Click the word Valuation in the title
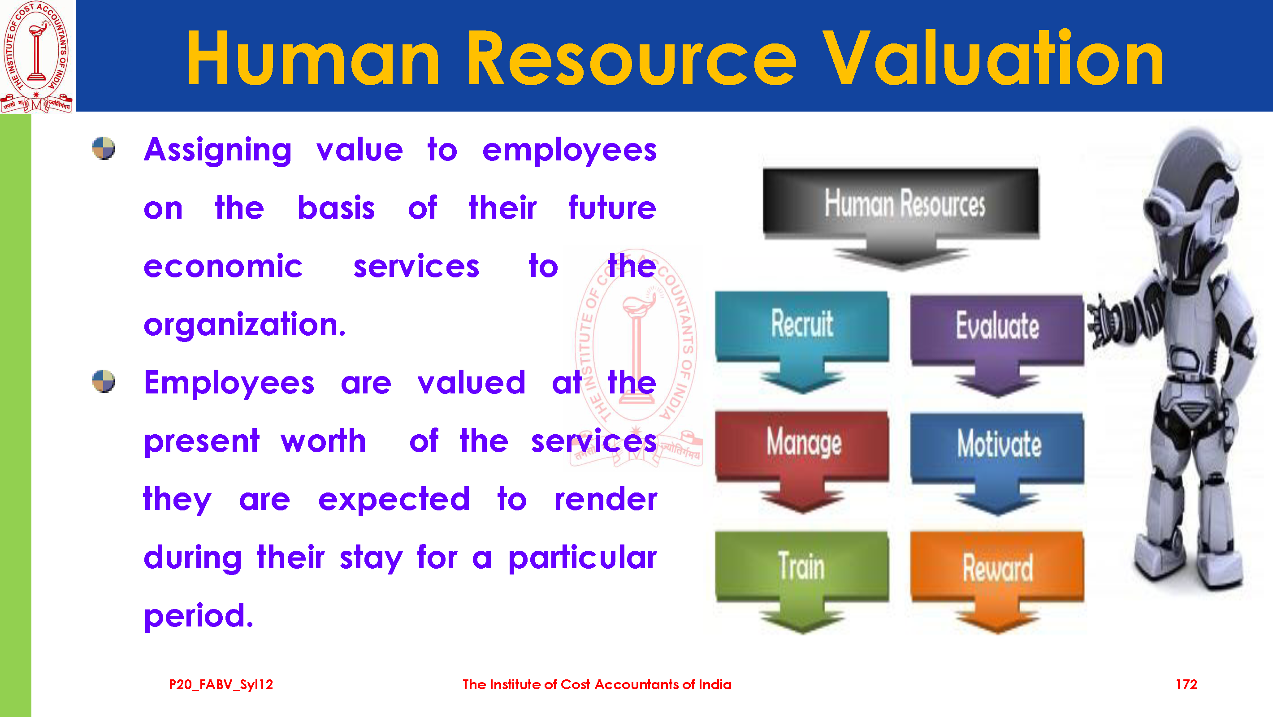pyautogui.click(x=993, y=58)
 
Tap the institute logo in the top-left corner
pyautogui.click(x=37, y=56)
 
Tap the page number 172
pyautogui.click(x=1186, y=684)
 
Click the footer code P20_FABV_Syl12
pyautogui.click(x=221, y=685)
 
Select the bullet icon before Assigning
pyautogui.click(x=104, y=148)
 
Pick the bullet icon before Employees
pyautogui.click(x=104, y=381)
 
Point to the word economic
pyautogui.click(x=223, y=267)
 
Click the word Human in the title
pyautogui.click(x=313, y=58)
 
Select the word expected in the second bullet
pyautogui.click(x=394, y=500)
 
